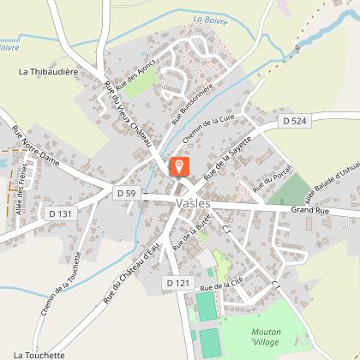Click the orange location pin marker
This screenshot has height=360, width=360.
click(180, 166)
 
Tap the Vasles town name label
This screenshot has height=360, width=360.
click(180, 204)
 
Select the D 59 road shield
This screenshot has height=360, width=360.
click(126, 194)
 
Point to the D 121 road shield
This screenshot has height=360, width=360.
click(177, 282)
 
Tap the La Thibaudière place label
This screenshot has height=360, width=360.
click(48, 73)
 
